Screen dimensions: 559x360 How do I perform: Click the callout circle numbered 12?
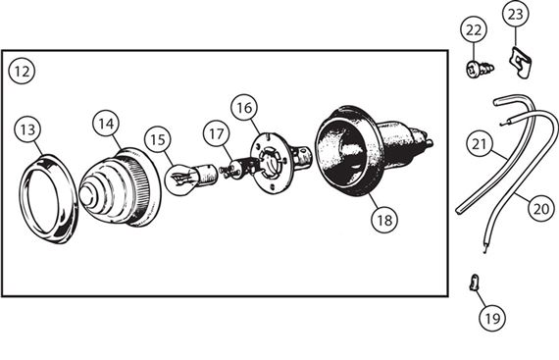tap(22, 72)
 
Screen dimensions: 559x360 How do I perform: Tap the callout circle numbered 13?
tap(27, 129)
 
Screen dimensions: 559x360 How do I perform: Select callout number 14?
tap(106, 124)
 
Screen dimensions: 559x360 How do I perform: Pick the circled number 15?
tap(158, 139)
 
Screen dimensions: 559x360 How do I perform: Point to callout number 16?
tap(244, 108)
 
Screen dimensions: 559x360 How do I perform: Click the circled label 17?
tap(217, 134)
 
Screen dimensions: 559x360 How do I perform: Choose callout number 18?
tap(384, 221)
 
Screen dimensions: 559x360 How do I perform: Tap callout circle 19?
tap(492, 318)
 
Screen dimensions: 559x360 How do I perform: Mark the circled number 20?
tap(540, 208)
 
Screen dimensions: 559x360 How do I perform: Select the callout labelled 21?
tap(480, 144)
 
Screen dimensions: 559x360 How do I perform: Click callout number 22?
tap(474, 30)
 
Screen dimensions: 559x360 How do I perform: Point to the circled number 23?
tap(516, 15)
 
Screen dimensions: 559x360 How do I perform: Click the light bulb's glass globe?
tap(181, 179)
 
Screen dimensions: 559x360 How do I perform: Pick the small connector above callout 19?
tap(473, 282)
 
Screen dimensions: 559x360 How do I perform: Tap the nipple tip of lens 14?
tap(84, 195)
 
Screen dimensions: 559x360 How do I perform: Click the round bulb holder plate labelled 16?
tap(268, 163)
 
